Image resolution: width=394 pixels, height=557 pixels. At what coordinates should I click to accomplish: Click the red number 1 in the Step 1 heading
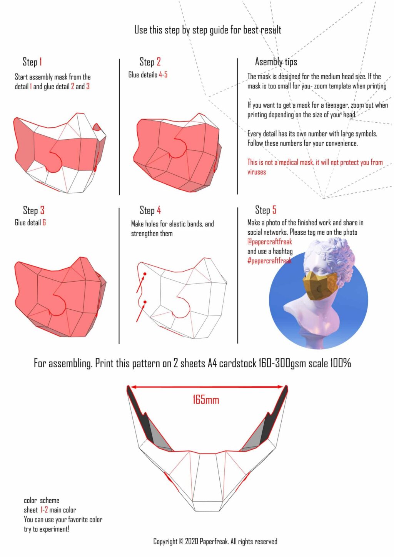41,62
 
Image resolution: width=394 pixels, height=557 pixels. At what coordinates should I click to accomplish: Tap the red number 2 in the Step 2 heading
159,62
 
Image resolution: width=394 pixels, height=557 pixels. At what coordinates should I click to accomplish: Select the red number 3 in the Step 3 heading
42,210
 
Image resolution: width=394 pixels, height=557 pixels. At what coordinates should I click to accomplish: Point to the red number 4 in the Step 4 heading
159,210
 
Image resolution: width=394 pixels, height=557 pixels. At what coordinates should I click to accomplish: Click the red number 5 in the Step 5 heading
274,210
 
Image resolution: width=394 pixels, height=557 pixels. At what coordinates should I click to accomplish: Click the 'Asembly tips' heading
276,62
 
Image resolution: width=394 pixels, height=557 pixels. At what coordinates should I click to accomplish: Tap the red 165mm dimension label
206,400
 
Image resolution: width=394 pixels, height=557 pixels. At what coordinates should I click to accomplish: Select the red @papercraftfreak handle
270,242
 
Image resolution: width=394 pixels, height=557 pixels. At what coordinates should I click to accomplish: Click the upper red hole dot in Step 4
145,274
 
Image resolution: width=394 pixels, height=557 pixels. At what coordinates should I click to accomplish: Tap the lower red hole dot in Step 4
145,302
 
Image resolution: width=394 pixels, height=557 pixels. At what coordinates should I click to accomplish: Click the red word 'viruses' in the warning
257,172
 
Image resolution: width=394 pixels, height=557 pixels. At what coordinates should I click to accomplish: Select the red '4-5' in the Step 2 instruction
163,75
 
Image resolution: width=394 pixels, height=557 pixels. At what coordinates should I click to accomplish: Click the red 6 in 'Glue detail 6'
44,223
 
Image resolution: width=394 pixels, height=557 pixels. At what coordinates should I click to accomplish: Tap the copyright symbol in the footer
181,542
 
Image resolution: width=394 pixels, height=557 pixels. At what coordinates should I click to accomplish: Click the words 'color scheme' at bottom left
42,500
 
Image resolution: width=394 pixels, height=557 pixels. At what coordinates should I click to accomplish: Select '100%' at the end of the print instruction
340,363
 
